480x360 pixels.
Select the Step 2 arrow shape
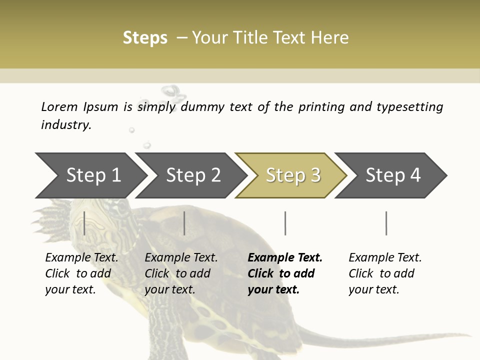pyautogui.click(x=193, y=175)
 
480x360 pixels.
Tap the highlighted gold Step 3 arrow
pyautogui.click(x=293, y=175)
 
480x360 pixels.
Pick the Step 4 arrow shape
pyautogui.click(x=393, y=175)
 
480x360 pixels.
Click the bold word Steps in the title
pyautogui.click(x=145, y=38)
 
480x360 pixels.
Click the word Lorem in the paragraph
pyautogui.click(x=59, y=106)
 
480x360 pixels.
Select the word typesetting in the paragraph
pyautogui.click(x=409, y=107)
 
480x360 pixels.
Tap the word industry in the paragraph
pyautogui.click(x=65, y=124)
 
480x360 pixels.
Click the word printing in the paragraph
pyautogui.click(x=321, y=107)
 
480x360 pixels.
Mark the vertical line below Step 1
pyautogui.click(x=84, y=223)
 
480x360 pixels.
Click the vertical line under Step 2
pyautogui.click(x=184, y=223)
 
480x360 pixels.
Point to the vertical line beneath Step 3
pyautogui.click(x=285, y=223)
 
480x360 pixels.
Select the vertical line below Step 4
pyautogui.click(x=386, y=223)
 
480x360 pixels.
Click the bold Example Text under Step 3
pyautogui.click(x=285, y=258)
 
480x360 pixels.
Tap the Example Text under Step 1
pyautogui.click(x=81, y=258)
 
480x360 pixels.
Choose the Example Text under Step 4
pyautogui.click(x=385, y=258)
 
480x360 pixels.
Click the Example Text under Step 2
pyautogui.click(x=181, y=258)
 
